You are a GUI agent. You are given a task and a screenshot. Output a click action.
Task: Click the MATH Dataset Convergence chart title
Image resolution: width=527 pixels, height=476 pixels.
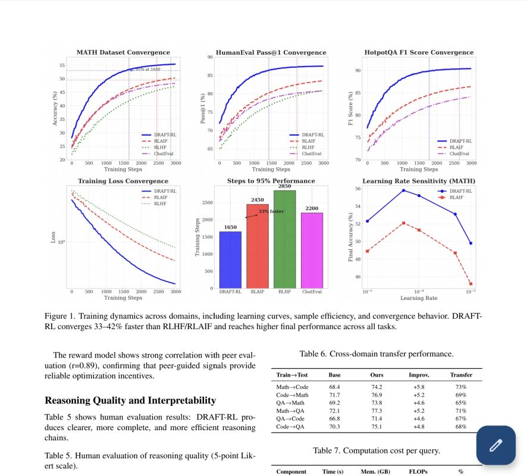click(123, 52)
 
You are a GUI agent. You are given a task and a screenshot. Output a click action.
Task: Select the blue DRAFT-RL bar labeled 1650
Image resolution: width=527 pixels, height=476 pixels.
click(230, 259)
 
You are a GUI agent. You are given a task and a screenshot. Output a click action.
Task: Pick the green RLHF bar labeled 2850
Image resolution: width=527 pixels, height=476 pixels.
click(285, 239)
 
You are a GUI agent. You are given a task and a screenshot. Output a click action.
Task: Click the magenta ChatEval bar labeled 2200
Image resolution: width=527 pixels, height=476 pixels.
click(312, 250)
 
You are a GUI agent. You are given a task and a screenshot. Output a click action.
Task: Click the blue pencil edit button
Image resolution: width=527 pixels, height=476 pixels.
click(496, 445)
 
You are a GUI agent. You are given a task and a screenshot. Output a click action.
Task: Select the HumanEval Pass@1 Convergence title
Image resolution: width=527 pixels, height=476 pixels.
click(271, 52)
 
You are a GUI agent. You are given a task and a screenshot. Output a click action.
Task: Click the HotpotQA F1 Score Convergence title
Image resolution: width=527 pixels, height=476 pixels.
click(419, 52)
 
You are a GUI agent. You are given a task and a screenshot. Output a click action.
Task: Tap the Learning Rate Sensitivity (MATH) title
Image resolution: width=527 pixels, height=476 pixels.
click(419, 181)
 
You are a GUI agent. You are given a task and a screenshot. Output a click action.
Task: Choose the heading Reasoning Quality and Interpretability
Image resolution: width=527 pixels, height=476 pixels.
click(130, 400)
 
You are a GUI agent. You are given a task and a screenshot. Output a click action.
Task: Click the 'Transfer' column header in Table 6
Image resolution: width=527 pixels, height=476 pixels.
click(460, 375)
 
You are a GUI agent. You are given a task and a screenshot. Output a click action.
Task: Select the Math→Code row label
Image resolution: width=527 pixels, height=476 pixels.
click(291, 387)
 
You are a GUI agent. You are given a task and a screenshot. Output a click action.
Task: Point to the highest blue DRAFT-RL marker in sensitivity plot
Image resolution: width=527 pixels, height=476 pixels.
click(403, 190)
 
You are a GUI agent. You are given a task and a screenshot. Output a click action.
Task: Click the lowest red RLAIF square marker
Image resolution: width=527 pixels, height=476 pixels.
click(470, 284)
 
